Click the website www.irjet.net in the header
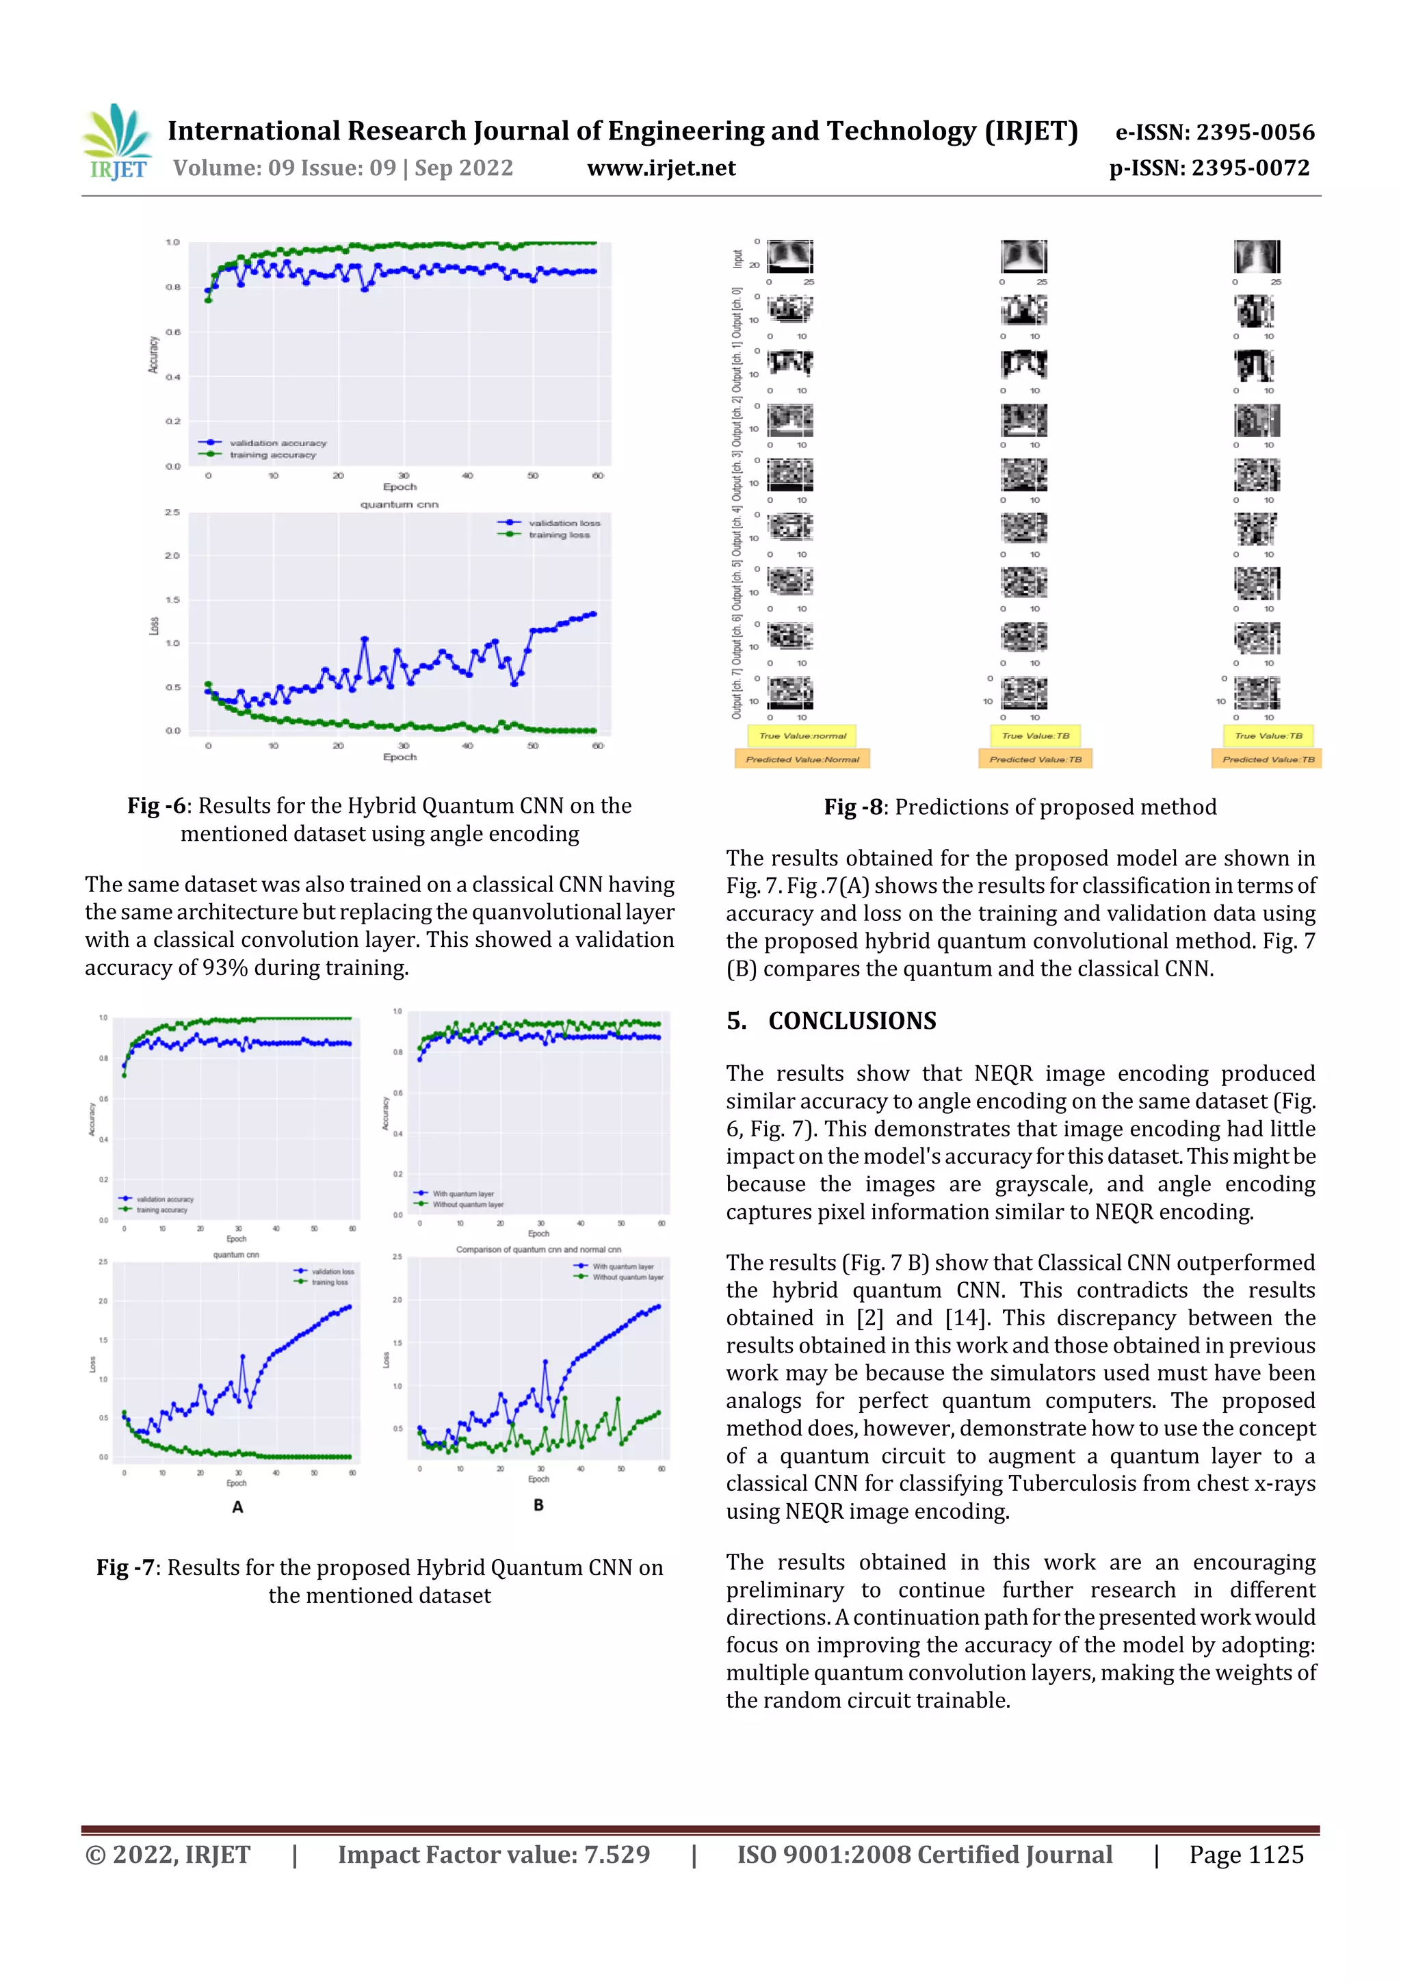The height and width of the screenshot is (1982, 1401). (662, 168)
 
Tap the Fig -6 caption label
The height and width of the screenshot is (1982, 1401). (156, 805)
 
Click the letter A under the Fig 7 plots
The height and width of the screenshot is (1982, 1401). (237, 1507)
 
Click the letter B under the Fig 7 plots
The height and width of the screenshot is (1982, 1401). (538, 1504)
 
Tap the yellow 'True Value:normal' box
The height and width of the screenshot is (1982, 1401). (802, 735)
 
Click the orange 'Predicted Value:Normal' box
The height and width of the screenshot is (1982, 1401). (802, 759)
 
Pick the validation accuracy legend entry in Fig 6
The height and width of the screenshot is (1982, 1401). (276, 443)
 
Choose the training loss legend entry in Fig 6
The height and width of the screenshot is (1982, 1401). (558, 535)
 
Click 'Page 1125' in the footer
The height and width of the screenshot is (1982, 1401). (1246, 1854)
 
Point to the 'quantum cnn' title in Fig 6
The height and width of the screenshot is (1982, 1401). (399, 504)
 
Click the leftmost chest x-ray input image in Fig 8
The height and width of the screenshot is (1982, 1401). (790, 257)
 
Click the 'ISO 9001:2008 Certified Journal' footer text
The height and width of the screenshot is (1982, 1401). (924, 1854)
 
